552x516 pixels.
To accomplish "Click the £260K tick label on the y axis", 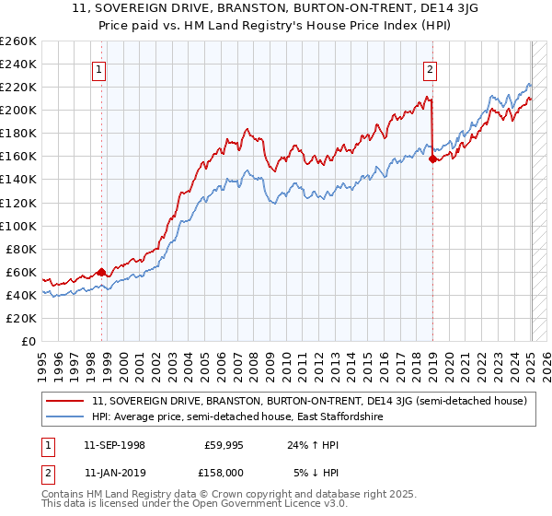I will (x=17, y=41).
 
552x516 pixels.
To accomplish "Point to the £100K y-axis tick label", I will (x=17, y=226).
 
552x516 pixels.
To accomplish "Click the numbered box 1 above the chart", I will (x=98, y=67).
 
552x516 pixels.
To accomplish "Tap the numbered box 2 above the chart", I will (x=430, y=67).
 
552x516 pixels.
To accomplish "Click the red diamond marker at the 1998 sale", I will (x=101, y=272).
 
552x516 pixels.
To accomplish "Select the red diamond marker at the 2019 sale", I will (x=432, y=158).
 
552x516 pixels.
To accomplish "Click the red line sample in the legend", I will (x=66, y=402).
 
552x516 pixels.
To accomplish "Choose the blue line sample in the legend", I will (x=66, y=417).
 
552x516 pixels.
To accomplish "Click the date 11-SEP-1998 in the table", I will (x=114, y=445).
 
